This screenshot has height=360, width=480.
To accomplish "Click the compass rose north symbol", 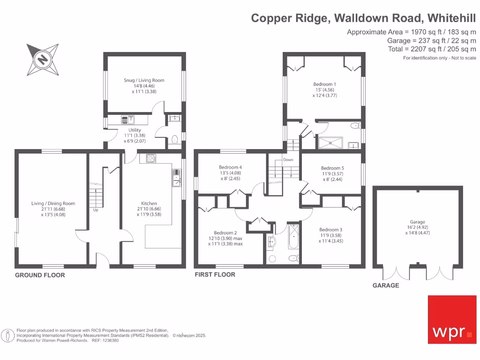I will (43, 60).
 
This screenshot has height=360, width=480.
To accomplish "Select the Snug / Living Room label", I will (144, 80).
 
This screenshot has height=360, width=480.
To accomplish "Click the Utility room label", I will (135, 130).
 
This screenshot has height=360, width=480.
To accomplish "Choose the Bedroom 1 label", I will (325, 84).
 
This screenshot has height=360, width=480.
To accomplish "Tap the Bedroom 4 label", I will (230, 167).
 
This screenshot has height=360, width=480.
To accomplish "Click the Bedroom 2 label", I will (225, 233).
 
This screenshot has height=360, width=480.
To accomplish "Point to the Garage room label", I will (417, 222).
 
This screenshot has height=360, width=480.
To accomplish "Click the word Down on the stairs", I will (288, 160).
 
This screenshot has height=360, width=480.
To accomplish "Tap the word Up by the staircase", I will (96, 210).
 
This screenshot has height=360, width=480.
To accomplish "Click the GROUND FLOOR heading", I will (40, 275).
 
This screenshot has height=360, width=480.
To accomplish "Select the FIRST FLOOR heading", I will (215, 275).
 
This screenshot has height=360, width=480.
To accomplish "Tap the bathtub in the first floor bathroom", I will (293, 237).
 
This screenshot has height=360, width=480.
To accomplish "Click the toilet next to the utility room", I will (174, 139).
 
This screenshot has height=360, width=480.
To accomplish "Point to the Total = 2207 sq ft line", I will (432, 49).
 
